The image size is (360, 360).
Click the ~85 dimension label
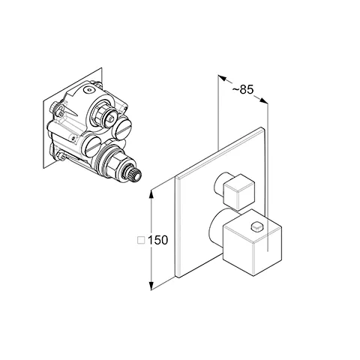click(x=243, y=89)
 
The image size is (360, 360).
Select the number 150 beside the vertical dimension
click(x=158, y=240)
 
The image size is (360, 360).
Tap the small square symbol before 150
click(x=141, y=240)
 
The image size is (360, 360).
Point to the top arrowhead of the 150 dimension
click(x=151, y=194)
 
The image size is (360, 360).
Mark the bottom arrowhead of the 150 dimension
click(x=151, y=286)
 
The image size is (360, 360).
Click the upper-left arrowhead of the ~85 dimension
click(x=222, y=78)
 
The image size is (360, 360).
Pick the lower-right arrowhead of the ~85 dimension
click(x=263, y=100)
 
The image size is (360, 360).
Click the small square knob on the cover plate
click(x=238, y=192)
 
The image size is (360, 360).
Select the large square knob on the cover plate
click(x=253, y=242)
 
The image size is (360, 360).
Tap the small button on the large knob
click(x=257, y=227)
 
